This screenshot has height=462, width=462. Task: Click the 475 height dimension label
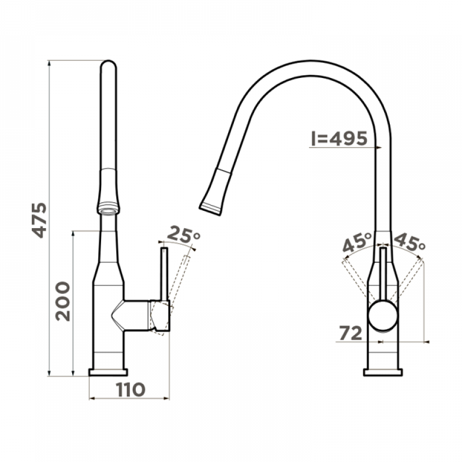39,220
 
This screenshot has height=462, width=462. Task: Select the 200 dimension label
63,301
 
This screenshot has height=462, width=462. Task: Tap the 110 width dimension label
131,390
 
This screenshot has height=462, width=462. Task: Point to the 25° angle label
184,234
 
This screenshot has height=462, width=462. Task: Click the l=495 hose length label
340,138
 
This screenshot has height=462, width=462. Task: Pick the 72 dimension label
351,333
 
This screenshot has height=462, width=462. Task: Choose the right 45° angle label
409,241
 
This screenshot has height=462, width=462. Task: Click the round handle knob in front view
383,315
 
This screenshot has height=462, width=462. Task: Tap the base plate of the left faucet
108,372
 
